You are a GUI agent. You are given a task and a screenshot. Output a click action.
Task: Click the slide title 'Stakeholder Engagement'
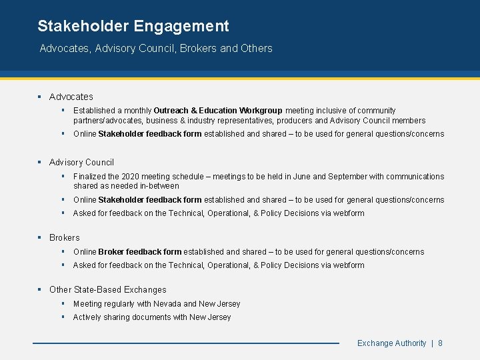133,27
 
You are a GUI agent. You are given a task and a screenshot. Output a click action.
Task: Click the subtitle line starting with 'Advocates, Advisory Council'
156,49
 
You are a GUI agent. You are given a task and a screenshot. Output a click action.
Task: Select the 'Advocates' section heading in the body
71,97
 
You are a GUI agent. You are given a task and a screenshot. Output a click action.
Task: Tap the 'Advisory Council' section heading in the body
81,162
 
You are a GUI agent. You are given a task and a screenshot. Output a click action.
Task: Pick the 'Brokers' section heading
64,237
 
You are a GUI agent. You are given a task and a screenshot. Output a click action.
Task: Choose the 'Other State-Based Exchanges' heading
108,289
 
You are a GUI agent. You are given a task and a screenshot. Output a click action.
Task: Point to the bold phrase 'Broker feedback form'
139,252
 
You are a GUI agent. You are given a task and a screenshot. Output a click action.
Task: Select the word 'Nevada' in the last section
167,304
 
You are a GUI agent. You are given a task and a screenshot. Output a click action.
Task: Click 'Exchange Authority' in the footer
391,343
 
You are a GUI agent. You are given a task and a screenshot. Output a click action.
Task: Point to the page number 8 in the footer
441,343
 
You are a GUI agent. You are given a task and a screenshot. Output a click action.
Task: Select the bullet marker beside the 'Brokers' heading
40,237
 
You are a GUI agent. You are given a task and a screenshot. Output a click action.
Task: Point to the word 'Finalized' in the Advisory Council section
90,177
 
